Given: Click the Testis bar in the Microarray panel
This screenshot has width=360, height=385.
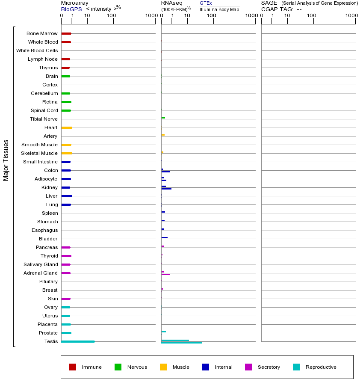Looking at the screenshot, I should [78, 341].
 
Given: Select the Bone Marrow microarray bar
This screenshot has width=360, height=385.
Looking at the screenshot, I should [66, 33].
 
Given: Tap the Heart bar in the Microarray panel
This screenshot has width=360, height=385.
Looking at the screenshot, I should [67, 127].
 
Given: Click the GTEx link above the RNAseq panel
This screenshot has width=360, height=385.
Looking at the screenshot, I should [206, 3].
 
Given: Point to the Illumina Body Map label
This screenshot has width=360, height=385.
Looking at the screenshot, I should [219, 9].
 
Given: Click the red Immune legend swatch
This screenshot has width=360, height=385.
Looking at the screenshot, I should [73, 367].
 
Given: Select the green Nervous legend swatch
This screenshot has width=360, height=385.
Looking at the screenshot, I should [118, 367].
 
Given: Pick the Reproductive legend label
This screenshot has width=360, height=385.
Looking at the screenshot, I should [321, 367].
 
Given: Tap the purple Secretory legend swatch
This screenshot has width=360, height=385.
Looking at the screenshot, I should [248, 367].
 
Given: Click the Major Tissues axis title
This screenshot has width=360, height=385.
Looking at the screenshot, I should [6, 160].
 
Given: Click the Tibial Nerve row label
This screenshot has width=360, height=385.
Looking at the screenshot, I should [44, 119].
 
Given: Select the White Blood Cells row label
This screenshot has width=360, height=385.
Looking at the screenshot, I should [37, 50].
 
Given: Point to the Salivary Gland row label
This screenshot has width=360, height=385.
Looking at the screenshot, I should [42, 264].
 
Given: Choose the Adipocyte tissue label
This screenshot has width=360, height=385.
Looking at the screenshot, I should [46, 179].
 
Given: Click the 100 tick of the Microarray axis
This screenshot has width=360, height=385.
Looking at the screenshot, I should [112, 16].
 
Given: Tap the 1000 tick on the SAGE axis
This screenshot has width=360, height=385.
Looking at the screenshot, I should [351, 16].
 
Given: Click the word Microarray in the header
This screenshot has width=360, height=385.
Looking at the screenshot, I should [75, 3].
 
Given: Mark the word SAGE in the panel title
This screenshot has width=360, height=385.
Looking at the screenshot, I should [269, 3].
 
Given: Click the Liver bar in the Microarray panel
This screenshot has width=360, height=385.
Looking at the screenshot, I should [67, 196].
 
